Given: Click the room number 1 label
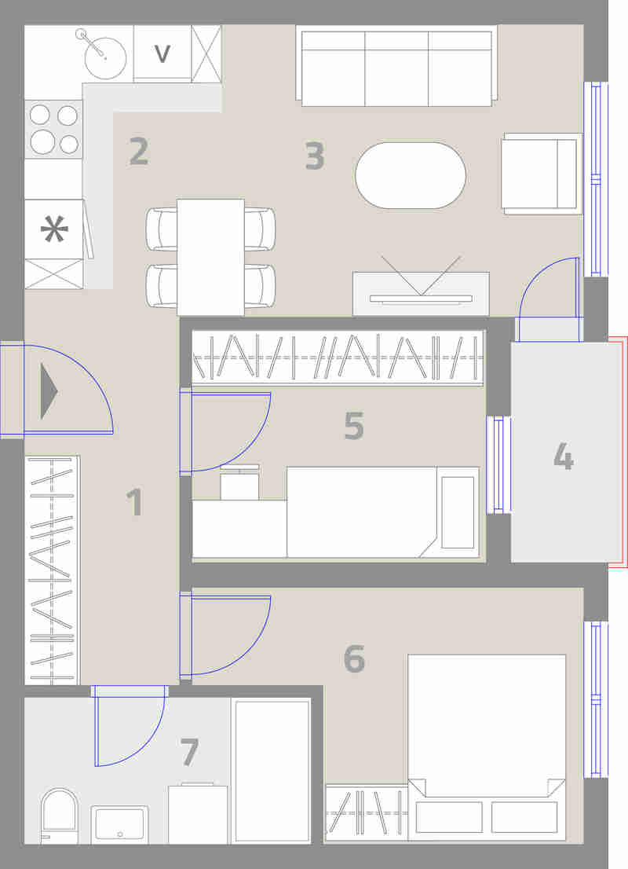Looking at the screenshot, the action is pyautogui.click(x=134, y=501).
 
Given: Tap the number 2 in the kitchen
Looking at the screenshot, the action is pyautogui.click(x=139, y=152).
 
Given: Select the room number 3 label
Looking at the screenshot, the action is pyautogui.click(x=315, y=156).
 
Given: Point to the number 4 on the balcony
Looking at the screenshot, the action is pyautogui.click(x=563, y=456).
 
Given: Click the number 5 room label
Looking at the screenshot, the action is pyautogui.click(x=354, y=425).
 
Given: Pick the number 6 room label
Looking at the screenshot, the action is pyautogui.click(x=354, y=658).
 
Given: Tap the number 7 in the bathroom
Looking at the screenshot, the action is pyautogui.click(x=189, y=752).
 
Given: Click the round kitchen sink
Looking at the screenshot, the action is pyautogui.click(x=105, y=57).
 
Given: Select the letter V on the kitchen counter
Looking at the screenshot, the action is pyautogui.click(x=162, y=53).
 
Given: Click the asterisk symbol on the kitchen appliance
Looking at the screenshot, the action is pyautogui.click(x=54, y=229).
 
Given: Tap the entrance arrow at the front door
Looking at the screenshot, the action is pyautogui.click(x=49, y=391).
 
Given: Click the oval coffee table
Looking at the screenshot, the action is pyautogui.click(x=411, y=176).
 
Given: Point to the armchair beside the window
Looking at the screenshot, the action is pyautogui.click(x=542, y=174).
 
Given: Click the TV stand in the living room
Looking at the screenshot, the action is pyautogui.click(x=421, y=295).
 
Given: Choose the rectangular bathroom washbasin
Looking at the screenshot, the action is pyautogui.click(x=119, y=825).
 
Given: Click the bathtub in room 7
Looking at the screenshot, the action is pyautogui.click(x=272, y=771).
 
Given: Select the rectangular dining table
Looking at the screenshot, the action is pyautogui.click(x=210, y=257).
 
